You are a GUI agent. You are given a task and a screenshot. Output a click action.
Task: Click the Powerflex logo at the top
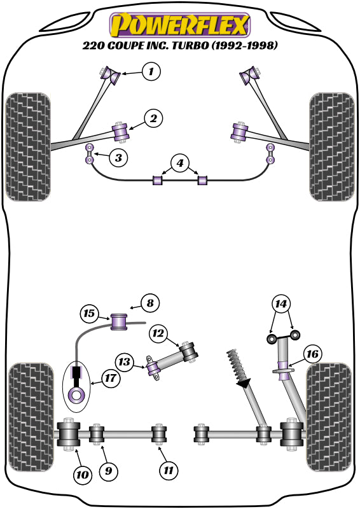point(180,25)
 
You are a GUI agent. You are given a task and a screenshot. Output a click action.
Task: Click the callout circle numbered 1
point(151,72)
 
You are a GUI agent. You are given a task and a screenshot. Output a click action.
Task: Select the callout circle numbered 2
point(153,118)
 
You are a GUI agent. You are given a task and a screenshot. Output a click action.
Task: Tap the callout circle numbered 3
point(118,157)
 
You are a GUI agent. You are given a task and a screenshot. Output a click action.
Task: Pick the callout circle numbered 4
point(180,164)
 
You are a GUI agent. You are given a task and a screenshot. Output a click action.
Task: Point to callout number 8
point(150,303)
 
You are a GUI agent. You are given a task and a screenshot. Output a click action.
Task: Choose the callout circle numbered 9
point(108,471)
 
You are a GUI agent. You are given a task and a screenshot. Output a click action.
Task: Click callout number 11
point(169,471)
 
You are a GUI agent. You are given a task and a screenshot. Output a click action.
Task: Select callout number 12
point(159,333)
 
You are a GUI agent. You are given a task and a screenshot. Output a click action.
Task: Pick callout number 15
point(90,313)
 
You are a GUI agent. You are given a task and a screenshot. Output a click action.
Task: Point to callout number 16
point(313,354)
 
